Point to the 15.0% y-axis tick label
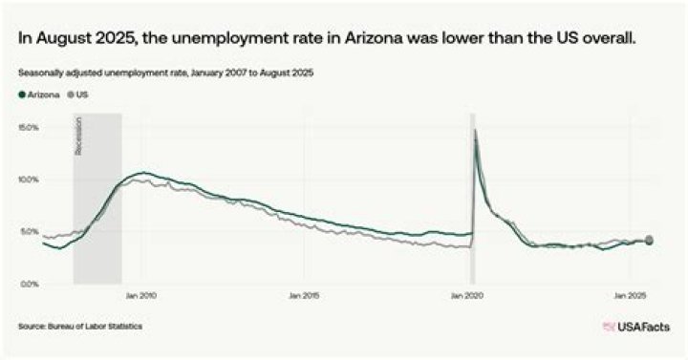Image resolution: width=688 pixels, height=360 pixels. [x=28, y=127]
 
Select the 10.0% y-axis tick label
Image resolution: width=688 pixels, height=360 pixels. [x=28, y=180]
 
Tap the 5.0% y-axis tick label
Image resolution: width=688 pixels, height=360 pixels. [x=29, y=231]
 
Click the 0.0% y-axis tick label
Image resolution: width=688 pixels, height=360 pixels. [x=29, y=284]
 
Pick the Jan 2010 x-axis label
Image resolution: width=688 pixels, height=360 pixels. [x=140, y=295]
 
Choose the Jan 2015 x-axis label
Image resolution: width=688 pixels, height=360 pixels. [x=304, y=295]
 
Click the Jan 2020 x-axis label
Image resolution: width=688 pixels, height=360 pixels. [x=468, y=295]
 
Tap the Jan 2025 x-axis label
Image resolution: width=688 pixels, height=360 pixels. [x=632, y=295]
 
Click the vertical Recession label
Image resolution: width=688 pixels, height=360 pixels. [x=79, y=137]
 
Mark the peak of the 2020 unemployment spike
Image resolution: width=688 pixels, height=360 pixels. [x=476, y=130]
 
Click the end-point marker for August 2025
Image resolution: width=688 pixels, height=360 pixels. [x=650, y=240]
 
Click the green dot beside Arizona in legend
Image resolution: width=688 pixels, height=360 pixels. [x=21, y=95]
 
